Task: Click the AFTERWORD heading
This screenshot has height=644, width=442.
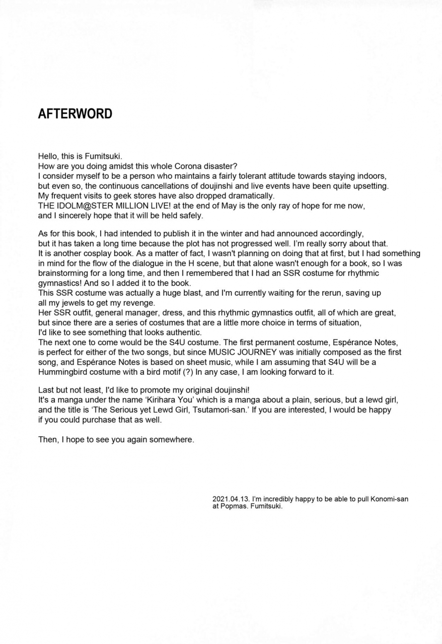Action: click(x=75, y=114)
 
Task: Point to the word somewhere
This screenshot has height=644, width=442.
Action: click(x=172, y=440)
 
